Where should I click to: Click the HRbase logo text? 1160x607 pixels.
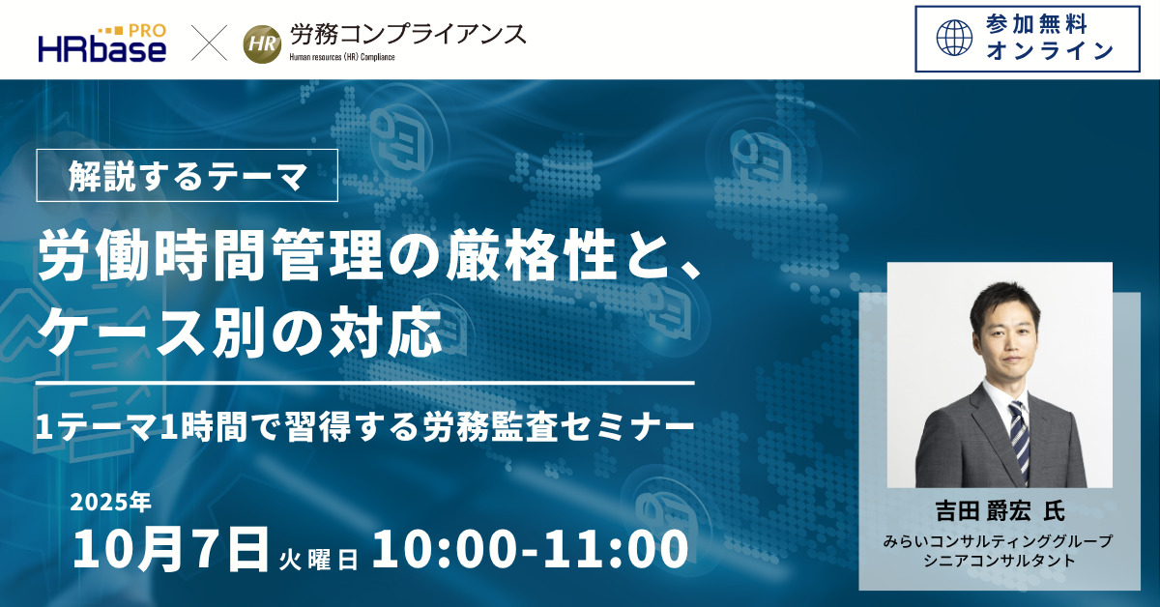click(x=102, y=50)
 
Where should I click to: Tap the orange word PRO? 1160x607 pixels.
click(x=147, y=31)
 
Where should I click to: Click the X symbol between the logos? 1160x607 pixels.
click(x=209, y=43)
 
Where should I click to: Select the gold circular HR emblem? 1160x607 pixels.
click(x=262, y=44)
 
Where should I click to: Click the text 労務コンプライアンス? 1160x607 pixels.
click(x=408, y=35)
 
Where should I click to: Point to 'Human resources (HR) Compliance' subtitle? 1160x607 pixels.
click(x=342, y=57)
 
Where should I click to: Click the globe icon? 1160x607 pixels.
click(x=954, y=38)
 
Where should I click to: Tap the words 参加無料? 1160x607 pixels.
click(x=1036, y=24)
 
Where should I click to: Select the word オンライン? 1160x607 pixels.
click(x=1050, y=51)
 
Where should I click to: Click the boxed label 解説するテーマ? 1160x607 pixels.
click(x=187, y=176)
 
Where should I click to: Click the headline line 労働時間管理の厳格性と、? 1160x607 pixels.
click(x=369, y=255)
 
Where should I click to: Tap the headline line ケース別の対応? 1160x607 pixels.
click(x=239, y=332)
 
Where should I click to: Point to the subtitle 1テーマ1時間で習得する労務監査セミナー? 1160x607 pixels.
click(x=364, y=427)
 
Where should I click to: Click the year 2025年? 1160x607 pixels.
click(x=111, y=502)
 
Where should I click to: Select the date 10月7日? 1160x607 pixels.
click(x=171, y=548)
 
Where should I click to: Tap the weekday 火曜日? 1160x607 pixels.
click(x=318, y=560)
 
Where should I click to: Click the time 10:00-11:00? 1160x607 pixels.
click(x=531, y=549)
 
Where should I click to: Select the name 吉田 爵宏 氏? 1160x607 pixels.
click(x=1000, y=510)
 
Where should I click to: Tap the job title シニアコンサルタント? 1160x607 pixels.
click(x=1000, y=560)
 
